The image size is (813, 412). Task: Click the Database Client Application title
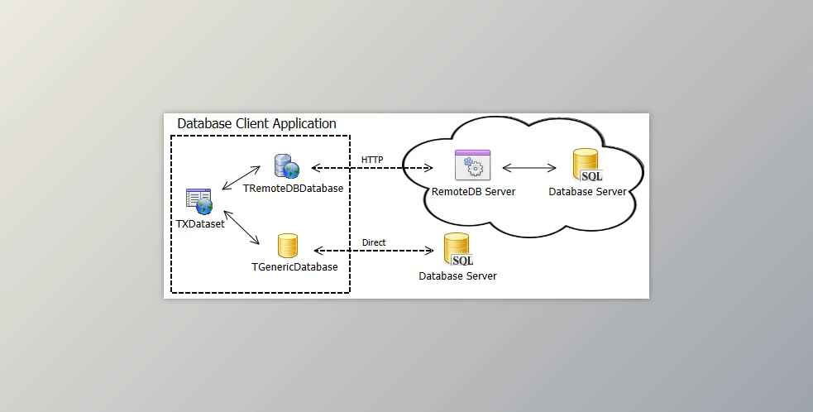pos(256,124)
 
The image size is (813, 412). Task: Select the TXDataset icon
pos(198,201)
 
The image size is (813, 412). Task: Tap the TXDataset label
pos(200,223)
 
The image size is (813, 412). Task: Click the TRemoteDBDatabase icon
pos(287,166)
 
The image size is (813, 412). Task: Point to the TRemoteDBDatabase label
pos(293,189)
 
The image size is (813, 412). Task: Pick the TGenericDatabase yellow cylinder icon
pos(287,246)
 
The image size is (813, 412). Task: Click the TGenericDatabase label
pos(294,267)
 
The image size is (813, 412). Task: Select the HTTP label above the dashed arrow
pos(372,159)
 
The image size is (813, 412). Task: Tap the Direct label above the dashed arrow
pos(374,242)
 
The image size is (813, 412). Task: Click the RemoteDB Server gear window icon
pos(473,165)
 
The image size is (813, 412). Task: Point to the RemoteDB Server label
pos(474,192)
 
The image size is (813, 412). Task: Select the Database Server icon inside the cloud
pos(587,165)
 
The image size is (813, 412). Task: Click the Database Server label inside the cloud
pos(588,192)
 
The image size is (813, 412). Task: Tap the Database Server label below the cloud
pos(458,276)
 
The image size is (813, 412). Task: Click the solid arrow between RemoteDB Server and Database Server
pos(529,168)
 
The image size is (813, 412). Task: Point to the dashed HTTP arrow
pos(372,168)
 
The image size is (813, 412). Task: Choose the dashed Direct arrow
pos(374,251)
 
